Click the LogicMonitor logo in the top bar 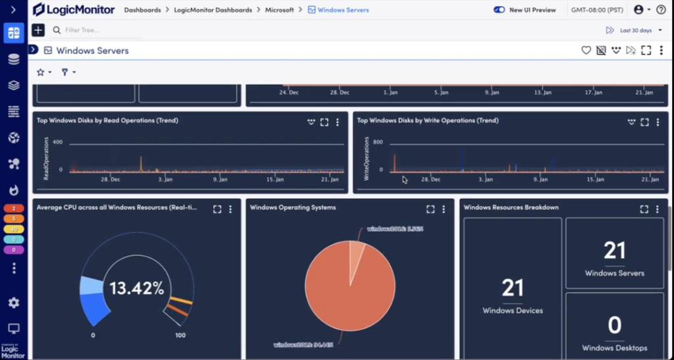click(73, 10)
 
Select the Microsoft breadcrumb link click(280, 11)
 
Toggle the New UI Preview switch click(499, 10)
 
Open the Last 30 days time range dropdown click(635, 30)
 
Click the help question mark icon click(661, 10)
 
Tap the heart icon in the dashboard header click(586, 51)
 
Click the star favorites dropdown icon click(41, 72)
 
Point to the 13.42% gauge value click(136, 288)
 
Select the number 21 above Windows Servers click(614, 251)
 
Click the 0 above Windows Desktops click(614, 325)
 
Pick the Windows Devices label click(513, 311)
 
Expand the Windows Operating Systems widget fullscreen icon click(430, 209)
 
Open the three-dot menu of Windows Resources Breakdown click(657, 209)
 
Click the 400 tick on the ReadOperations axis click(57, 142)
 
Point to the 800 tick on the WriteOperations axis click(378, 142)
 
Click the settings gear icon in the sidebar click(14, 303)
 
